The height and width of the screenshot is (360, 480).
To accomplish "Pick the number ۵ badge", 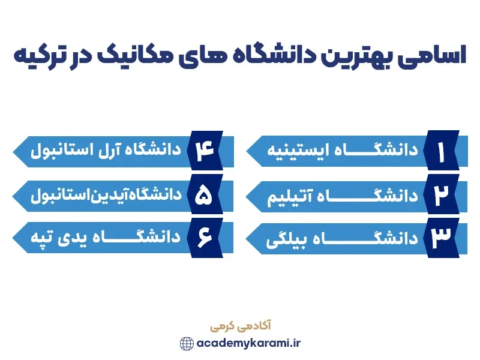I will (x=205, y=196).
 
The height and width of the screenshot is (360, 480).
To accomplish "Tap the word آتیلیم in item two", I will (x=289, y=195).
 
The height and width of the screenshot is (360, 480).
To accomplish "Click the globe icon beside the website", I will (x=187, y=343).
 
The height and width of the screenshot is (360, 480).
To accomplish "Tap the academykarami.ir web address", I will (x=247, y=343).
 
